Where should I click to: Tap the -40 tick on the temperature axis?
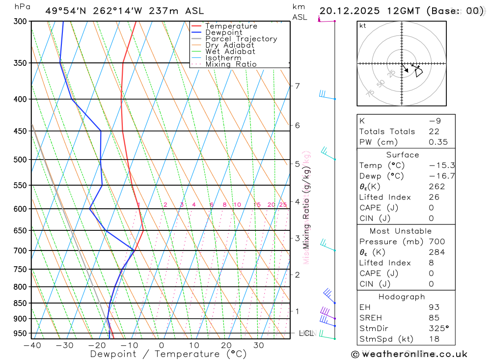tap(32, 345)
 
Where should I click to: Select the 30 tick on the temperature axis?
tap(259, 345)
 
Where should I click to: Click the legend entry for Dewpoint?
tap(223, 32)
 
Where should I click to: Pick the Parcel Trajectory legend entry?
tap(241, 39)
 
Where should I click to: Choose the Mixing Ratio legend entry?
tap(231, 64)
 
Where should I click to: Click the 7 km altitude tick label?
tap(297, 86)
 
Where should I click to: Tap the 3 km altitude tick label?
tap(297, 238)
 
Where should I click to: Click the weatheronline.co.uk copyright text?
tap(409, 354)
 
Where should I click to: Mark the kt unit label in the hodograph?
tap(363, 26)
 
